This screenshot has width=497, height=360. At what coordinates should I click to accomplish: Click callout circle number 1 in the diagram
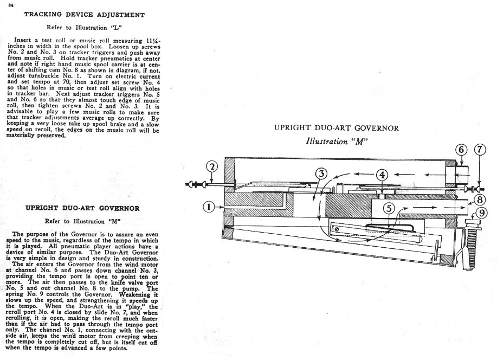click(209, 207)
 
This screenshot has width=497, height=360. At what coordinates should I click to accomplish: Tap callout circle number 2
click(212, 167)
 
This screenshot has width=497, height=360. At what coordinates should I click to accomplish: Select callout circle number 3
click(321, 174)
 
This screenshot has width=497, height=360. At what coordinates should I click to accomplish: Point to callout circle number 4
click(382, 175)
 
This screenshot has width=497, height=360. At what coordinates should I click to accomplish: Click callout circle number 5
click(389, 209)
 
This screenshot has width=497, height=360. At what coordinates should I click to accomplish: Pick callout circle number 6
click(462, 150)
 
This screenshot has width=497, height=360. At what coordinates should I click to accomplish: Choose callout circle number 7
click(480, 150)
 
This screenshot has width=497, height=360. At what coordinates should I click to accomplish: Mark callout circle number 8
click(480, 200)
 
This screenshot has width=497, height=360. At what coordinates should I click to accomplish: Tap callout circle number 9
click(482, 213)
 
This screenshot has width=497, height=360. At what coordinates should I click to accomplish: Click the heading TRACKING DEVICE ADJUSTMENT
click(85, 15)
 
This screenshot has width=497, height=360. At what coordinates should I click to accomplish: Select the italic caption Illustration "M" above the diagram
click(337, 141)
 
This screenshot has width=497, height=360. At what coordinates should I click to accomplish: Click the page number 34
click(11, 5)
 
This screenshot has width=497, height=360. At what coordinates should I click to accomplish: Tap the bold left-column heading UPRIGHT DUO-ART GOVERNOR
click(82, 208)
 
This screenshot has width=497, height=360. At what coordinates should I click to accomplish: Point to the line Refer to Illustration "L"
click(84, 28)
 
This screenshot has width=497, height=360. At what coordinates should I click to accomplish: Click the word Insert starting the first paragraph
click(23, 40)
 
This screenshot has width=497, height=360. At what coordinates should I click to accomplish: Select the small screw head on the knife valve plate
click(337, 229)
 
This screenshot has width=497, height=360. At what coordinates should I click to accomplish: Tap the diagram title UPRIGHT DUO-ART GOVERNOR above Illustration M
click(336, 128)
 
